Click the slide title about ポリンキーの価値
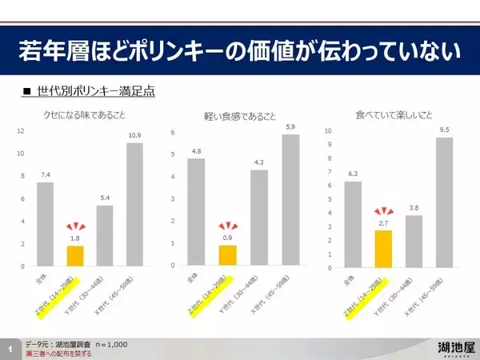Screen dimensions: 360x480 (x=239, y=53)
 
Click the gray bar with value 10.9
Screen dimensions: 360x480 (x=134, y=204)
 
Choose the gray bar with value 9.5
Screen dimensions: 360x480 (x=444, y=202)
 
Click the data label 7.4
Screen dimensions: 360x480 (x=46, y=173)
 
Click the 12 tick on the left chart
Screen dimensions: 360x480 (x=22, y=130)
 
